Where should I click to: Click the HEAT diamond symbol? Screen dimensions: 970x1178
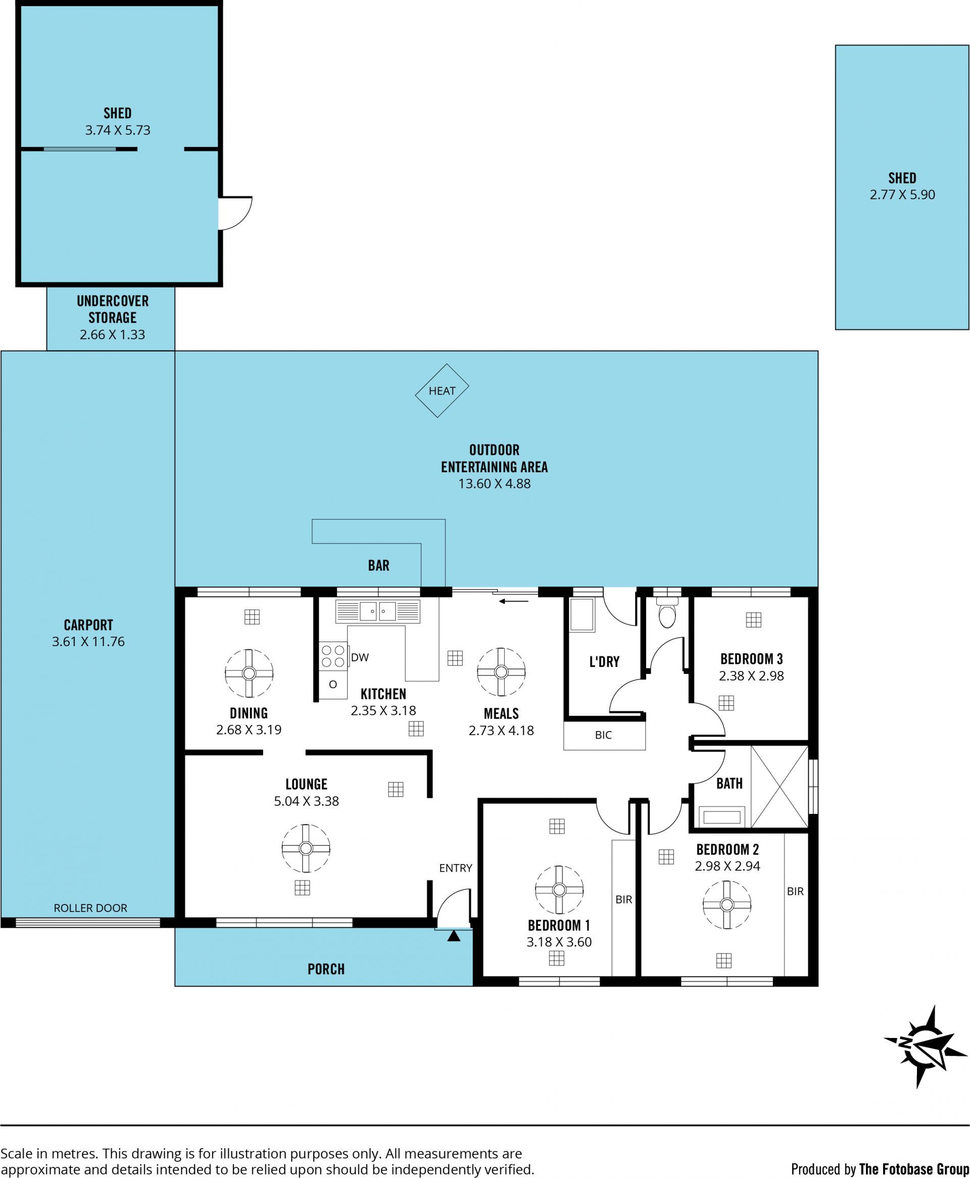pyautogui.click(x=442, y=390)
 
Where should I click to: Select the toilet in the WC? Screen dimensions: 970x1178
pyautogui.click(x=667, y=613)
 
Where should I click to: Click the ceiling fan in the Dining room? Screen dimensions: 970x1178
pyautogui.click(x=249, y=673)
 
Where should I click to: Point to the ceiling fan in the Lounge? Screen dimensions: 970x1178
pyautogui.click(x=306, y=848)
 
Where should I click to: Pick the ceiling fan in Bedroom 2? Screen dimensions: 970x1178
pyautogui.click(x=727, y=904)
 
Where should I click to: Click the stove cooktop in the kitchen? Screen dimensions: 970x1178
pyautogui.click(x=333, y=656)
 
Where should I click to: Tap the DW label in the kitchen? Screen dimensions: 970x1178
pyautogui.click(x=360, y=657)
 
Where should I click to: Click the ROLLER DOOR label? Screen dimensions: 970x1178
pyautogui.click(x=90, y=908)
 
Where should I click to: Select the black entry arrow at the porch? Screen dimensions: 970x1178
pyautogui.click(x=454, y=935)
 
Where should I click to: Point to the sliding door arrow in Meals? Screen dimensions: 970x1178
pyautogui.click(x=513, y=602)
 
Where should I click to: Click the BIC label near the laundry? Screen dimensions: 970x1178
pyautogui.click(x=603, y=735)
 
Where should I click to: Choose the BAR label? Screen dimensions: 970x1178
pyautogui.click(x=378, y=565)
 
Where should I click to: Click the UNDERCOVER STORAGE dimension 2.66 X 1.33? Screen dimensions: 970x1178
pyautogui.click(x=112, y=334)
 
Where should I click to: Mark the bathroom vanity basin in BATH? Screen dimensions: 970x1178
pyautogui.click(x=722, y=817)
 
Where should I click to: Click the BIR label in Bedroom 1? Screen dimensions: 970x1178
pyautogui.click(x=623, y=899)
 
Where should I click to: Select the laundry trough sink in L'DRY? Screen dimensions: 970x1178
pyautogui.click(x=581, y=615)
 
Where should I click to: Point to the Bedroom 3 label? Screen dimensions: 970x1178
pyautogui.click(x=752, y=659)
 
